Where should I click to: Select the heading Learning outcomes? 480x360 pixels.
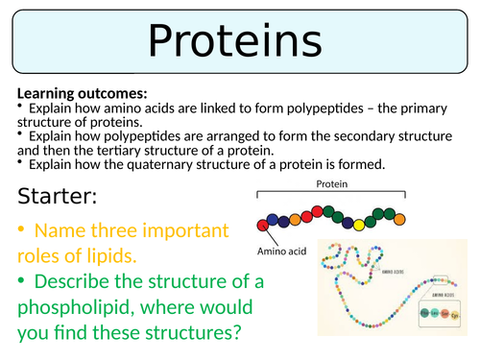coord(82,94)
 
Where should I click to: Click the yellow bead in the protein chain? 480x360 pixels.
coord(359,225)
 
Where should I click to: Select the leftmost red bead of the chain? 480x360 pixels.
coord(262,224)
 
